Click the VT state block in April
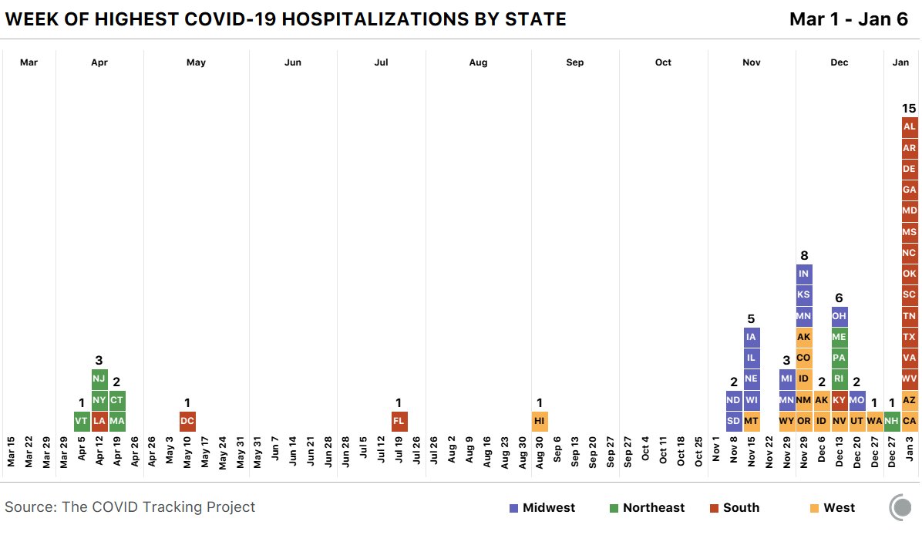coord(82,422)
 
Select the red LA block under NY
coord(99,422)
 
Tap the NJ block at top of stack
coord(99,379)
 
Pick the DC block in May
coord(187,422)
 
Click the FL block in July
coord(399,422)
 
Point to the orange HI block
coord(540,422)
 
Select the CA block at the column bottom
coord(909,422)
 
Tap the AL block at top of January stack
coord(909,126)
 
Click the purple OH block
coord(839,316)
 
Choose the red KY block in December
coord(839,400)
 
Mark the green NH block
coord(892,422)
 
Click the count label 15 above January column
coord(909,108)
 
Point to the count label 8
coord(803,255)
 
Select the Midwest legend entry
coord(542,507)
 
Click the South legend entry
coord(734,507)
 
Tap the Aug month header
coord(478,62)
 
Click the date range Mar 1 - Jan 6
coord(849,19)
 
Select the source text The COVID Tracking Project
coord(130,506)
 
